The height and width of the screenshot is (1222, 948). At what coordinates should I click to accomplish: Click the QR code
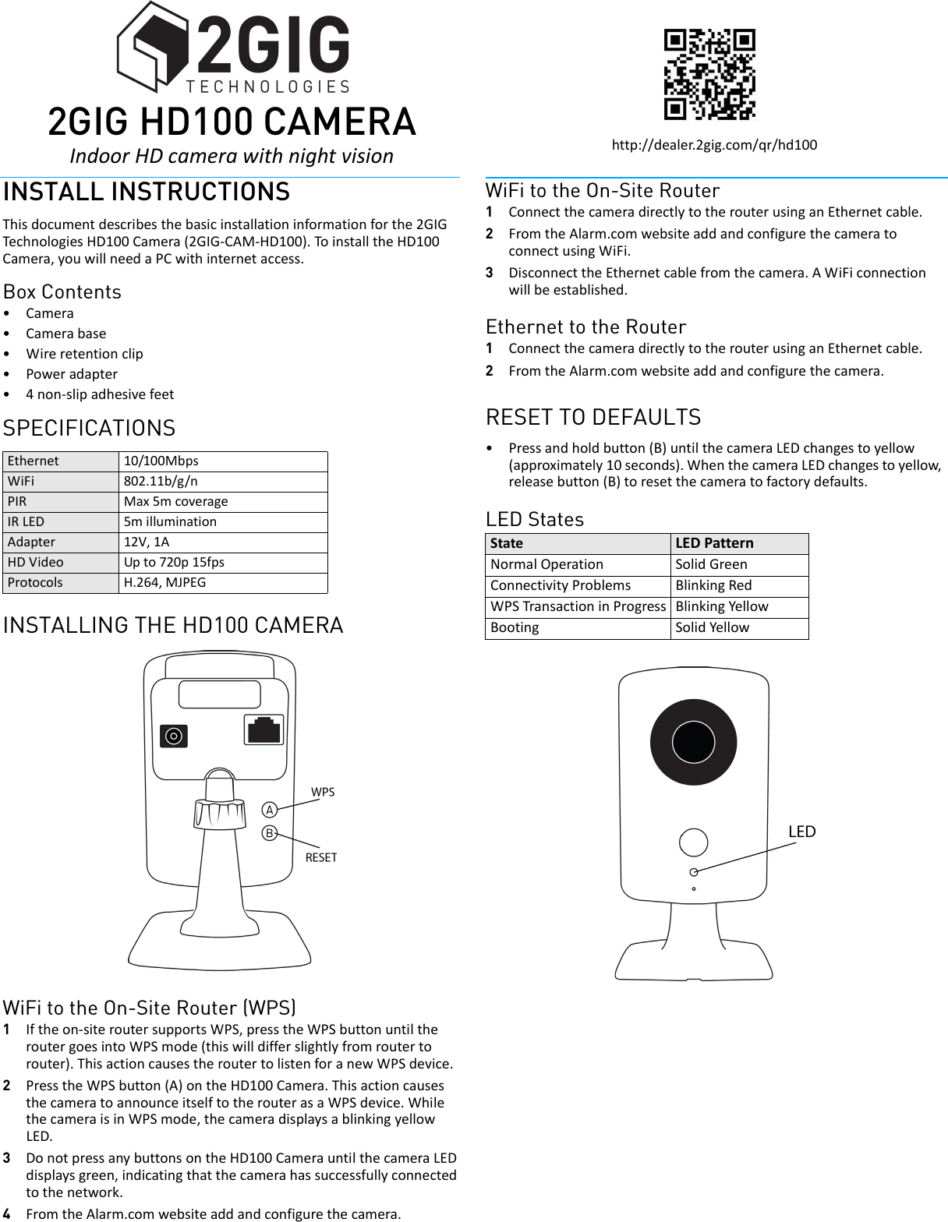(x=709, y=74)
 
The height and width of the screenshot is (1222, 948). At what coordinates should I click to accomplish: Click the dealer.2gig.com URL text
(x=714, y=145)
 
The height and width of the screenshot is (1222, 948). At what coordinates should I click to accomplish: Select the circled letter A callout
(x=270, y=810)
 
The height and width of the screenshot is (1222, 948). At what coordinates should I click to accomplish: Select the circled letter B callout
(x=270, y=833)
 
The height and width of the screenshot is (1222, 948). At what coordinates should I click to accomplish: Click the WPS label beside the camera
(x=323, y=792)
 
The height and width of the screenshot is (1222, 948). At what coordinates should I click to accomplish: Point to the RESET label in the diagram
(x=321, y=857)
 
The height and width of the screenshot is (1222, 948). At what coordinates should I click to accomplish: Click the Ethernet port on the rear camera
(x=264, y=730)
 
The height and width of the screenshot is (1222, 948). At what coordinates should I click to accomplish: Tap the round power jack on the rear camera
(x=174, y=736)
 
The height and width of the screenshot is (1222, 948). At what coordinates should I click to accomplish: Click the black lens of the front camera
(x=693, y=741)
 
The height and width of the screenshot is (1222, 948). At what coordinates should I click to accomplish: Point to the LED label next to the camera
(x=801, y=832)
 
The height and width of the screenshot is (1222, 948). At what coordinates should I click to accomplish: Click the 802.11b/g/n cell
(x=161, y=481)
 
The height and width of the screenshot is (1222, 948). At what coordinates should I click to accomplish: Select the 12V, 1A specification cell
(x=147, y=542)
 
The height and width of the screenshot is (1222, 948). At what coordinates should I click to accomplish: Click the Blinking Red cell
(x=713, y=585)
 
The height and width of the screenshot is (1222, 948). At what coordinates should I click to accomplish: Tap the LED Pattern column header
(x=714, y=543)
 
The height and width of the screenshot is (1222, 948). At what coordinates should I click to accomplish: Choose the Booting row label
(x=515, y=627)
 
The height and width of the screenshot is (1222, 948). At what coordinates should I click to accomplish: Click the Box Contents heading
(x=62, y=291)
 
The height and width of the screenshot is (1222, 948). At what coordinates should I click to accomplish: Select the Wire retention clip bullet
(x=84, y=354)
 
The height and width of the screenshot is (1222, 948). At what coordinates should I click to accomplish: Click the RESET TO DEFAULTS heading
(x=593, y=417)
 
